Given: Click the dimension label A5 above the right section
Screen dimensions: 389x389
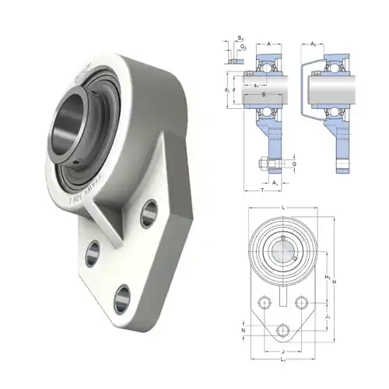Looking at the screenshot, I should [x=314, y=44].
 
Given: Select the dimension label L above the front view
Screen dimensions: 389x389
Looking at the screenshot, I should [x=283, y=207].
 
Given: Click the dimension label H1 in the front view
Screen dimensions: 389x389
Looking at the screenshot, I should [x=328, y=278].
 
